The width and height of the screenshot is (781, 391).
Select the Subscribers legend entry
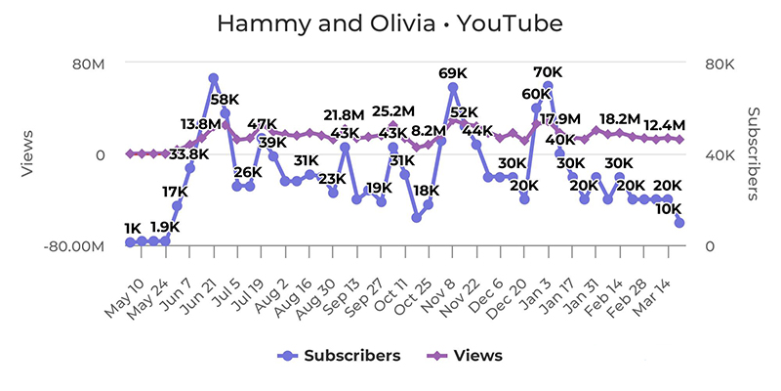(x=349, y=355)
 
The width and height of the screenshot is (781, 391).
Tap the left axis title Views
(x=28, y=153)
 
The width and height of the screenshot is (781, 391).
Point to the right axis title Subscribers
(x=754, y=153)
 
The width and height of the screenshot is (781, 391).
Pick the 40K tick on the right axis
(x=719, y=154)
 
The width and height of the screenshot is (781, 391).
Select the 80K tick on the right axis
(x=719, y=65)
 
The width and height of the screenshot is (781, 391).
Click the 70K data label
(x=548, y=72)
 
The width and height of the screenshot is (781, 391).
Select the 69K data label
(x=453, y=73)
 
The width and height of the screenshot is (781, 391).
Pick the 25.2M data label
(x=394, y=110)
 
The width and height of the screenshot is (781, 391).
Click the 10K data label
(x=668, y=208)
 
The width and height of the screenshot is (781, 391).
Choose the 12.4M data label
(x=665, y=124)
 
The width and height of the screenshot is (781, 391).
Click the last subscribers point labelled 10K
(x=679, y=223)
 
